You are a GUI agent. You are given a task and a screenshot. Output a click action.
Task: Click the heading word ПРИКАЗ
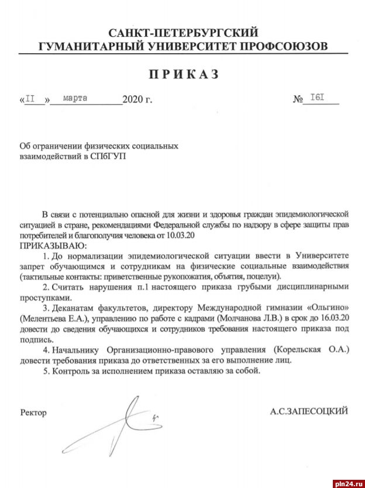coord(182,74)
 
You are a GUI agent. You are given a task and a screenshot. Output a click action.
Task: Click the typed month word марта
coord(74,98)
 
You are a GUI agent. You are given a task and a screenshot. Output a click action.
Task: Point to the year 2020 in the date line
coord(133,100)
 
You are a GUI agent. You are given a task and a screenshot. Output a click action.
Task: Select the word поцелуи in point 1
coord(267,276)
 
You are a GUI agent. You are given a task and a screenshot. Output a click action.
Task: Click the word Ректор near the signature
coord(33,413)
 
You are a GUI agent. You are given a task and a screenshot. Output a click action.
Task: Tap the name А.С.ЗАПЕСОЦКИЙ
coord(309,411)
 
